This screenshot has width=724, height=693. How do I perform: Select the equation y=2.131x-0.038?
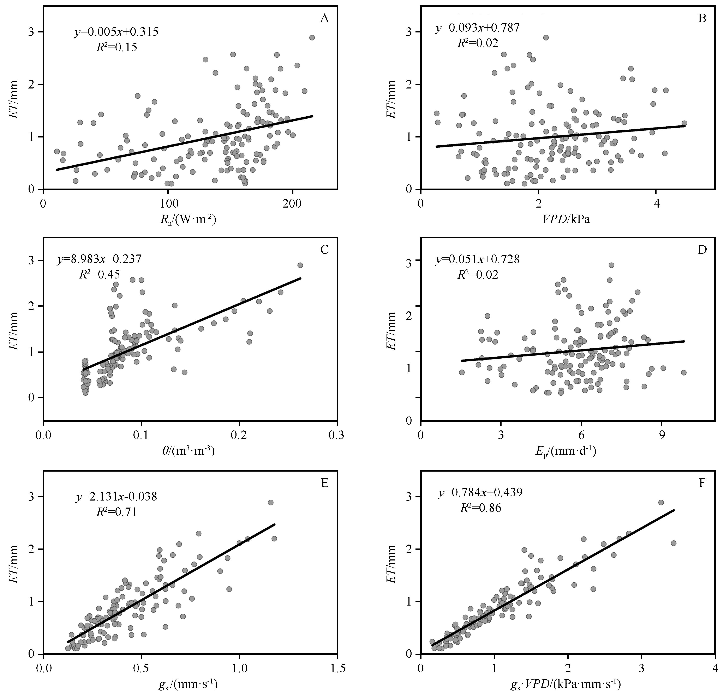[116, 497]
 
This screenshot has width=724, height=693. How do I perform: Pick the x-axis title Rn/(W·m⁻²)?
[188, 220]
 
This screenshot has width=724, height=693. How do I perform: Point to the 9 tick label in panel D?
[662, 435]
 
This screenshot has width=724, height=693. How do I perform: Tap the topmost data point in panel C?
[300, 265]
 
